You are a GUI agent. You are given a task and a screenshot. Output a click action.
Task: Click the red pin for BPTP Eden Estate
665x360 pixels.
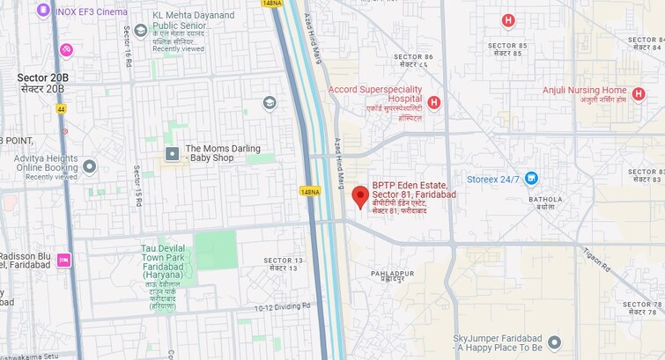[359, 196]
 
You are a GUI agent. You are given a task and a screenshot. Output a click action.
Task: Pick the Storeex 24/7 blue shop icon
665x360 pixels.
[531, 179]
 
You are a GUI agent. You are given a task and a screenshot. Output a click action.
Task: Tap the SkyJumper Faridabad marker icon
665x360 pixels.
[554, 342]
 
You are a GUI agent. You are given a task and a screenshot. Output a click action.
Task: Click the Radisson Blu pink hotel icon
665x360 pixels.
[63, 260]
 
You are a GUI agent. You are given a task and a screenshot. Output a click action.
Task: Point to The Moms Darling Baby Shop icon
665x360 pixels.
[172, 154]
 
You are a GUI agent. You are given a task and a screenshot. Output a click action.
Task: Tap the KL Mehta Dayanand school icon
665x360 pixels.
[140, 31]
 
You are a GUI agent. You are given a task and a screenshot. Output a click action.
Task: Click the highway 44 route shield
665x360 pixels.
[61, 108]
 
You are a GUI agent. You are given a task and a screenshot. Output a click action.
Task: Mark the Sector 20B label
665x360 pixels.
[42, 84]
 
